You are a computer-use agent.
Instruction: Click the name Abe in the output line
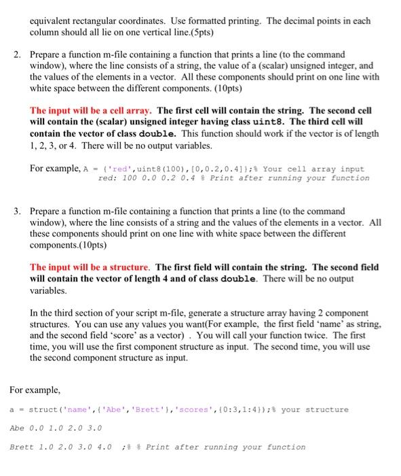[17, 428]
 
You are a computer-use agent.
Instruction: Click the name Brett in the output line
[22, 447]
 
